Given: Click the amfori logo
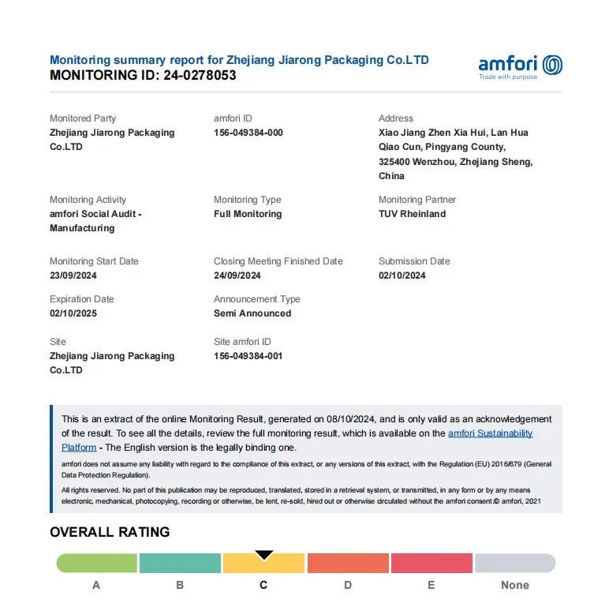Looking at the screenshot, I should coord(520,66).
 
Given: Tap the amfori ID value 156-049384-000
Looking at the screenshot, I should coord(248,133).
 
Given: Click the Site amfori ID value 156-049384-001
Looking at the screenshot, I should coord(248,356).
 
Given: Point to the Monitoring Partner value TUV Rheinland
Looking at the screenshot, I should coord(412,214).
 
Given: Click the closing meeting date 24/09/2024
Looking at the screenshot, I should coord(237,275).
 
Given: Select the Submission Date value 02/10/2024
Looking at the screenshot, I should coord(402,275).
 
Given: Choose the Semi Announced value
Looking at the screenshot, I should coord(252,313).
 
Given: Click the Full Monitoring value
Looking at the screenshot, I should coord(248,214).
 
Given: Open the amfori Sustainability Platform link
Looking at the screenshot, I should coord(490,433).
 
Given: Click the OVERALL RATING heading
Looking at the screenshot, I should coord(110,532).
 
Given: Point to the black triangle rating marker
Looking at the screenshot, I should coord(264,556).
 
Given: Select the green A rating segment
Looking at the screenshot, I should coord(96,563).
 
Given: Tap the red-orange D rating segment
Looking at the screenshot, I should coord(348,563).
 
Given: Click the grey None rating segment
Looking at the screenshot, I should coord(515,563).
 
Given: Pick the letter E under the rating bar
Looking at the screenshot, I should coord(431,585).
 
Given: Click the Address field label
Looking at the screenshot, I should coord(395,118).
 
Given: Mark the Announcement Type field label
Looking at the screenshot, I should coord(256,299).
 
